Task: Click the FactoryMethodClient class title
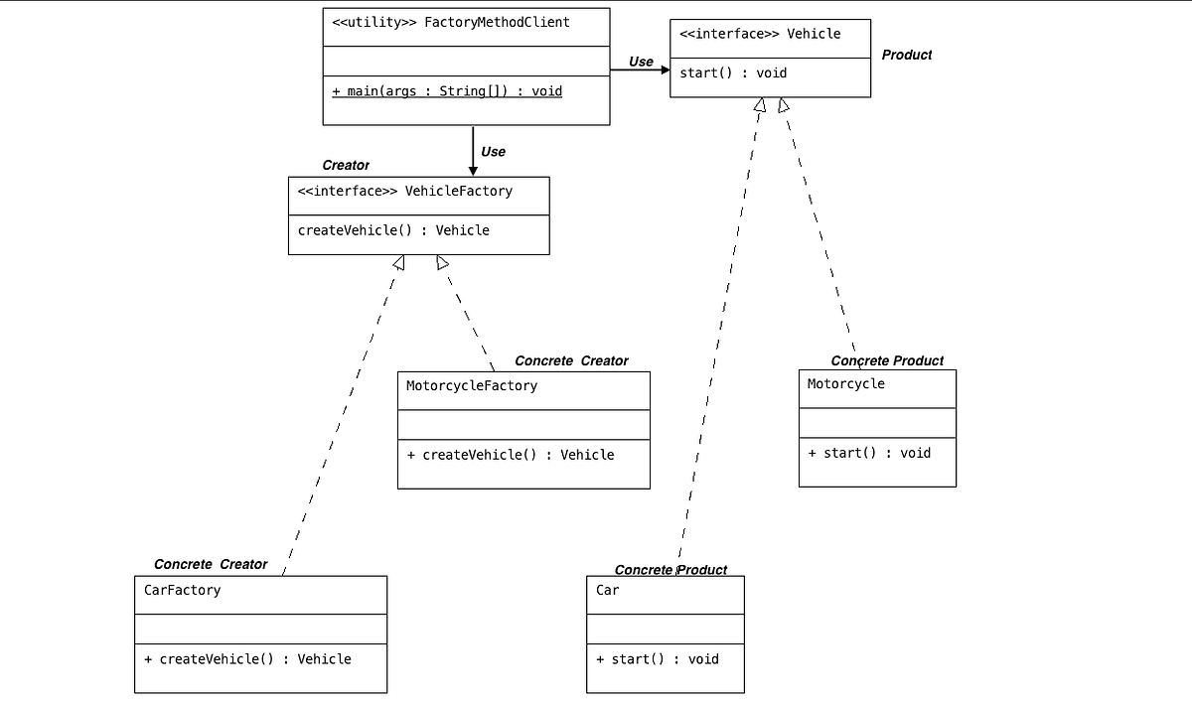point(451,22)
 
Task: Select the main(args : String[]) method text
point(447,91)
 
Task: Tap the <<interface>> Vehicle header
point(760,34)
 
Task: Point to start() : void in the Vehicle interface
point(733,72)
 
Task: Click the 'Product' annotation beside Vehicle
point(906,55)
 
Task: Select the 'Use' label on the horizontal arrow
point(641,62)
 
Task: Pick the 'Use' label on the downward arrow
point(493,152)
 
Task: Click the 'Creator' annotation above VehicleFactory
point(345,165)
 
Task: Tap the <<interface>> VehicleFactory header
point(405,191)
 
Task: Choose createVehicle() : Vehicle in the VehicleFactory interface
point(393,230)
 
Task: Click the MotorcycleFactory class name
point(472,385)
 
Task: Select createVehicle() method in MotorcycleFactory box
point(511,455)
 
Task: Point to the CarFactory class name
point(183,590)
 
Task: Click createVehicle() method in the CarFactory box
point(247,659)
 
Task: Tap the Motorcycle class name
point(845,383)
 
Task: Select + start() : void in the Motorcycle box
point(869,453)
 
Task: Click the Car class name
point(607,590)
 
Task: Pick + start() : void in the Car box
point(657,659)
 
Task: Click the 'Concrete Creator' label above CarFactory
point(211,564)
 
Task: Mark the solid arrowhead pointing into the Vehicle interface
point(665,70)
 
